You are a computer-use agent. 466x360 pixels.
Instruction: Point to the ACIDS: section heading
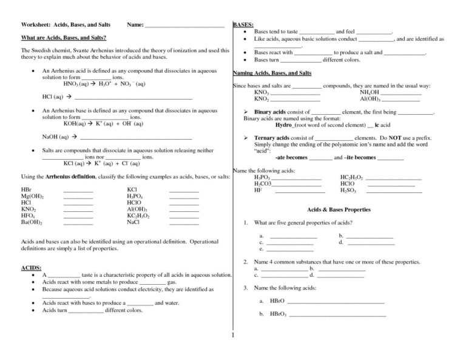click(32, 267)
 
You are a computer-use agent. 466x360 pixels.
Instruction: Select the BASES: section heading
click(243, 24)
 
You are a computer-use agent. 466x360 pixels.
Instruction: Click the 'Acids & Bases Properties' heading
click(339, 209)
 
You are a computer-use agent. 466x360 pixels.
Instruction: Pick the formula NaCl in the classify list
click(133, 222)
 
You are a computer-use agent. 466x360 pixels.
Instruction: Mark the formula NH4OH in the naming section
click(371, 92)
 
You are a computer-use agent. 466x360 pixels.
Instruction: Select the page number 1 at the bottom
click(232, 335)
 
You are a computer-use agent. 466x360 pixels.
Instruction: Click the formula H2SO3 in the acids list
click(348, 190)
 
